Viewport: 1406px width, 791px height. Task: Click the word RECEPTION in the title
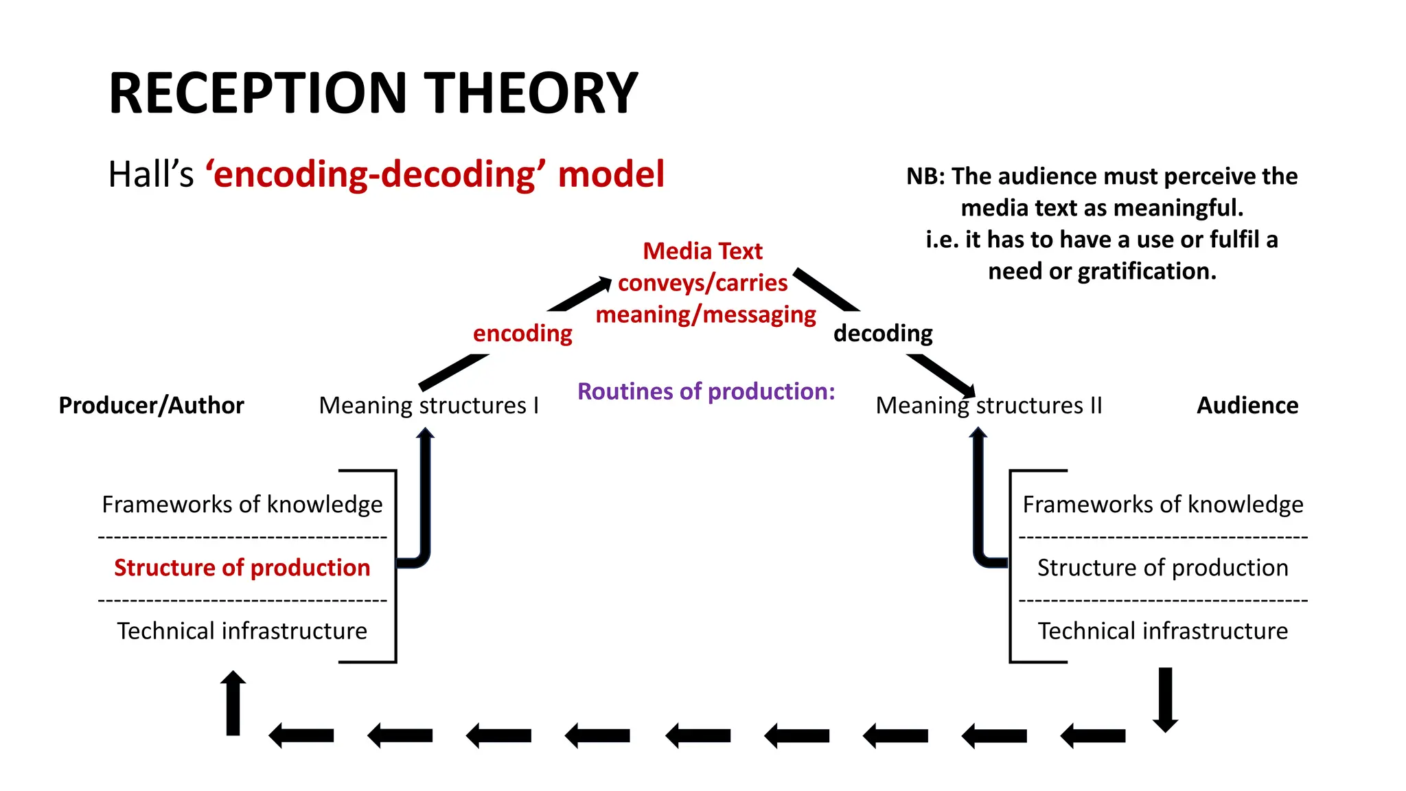coord(258,93)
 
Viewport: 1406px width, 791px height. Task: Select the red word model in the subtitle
coord(611,174)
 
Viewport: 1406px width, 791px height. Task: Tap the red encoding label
coord(522,334)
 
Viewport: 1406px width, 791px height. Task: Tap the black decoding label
coord(883,334)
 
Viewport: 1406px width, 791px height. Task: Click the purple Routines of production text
coord(706,391)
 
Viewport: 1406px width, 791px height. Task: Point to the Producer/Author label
coord(151,406)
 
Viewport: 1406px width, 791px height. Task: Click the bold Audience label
coord(1247,406)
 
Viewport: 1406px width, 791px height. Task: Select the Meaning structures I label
coord(428,406)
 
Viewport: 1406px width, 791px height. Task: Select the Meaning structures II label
coord(989,406)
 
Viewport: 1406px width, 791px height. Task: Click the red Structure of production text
coord(242,568)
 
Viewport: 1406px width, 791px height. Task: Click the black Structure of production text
coord(1162,568)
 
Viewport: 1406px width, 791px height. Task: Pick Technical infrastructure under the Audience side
coord(1162,631)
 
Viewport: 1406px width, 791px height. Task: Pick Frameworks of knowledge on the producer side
coord(242,505)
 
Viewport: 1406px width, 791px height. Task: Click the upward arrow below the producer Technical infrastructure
coord(233,703)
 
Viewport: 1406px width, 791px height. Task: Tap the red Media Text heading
coord(702,251)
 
